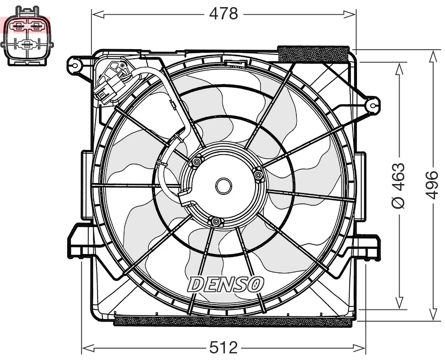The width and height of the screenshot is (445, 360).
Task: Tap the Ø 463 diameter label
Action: [x=399, y=185]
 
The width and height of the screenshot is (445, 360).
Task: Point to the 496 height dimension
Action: [x=432, y=185]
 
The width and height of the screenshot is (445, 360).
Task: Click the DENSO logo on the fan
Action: [x=225, y=284]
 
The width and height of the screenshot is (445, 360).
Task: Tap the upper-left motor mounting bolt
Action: [x=196, y=163]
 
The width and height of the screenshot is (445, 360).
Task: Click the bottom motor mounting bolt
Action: [x=216, y=221]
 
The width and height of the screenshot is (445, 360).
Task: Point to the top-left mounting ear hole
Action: [x=74, y=64]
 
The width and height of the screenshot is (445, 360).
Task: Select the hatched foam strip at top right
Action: [x=314, y=53]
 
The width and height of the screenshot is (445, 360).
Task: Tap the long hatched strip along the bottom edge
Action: [x=233, y=322]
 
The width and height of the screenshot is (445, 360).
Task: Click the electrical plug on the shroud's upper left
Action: [x=108, y=85]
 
